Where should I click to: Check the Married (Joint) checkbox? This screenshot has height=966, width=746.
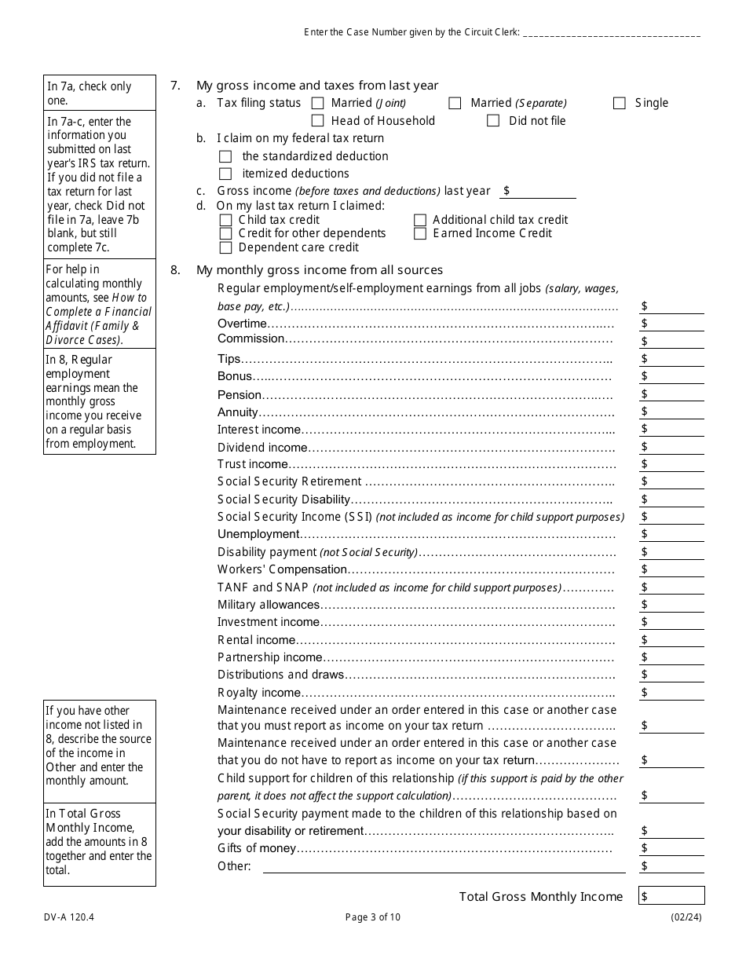(x=317, y=103)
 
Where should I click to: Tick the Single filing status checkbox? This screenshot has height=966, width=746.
(x=620, y=103)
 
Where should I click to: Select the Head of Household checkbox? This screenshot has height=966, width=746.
(x=317, y=121)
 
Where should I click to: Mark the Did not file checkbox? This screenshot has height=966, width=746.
(x=493, y=121)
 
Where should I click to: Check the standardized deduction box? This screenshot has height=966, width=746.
(x=226, y=156)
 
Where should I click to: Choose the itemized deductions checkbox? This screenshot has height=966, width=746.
(x=226, y=174)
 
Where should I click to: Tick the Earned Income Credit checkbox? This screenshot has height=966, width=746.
(x=420, y=233)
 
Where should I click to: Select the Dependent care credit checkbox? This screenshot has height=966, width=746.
(x=226, y=247)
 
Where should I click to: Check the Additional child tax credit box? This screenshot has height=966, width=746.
(x=420, y=220)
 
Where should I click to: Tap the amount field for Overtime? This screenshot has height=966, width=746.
(x=675, y=324)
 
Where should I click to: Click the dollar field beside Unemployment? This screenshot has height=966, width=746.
(x=675, y=534)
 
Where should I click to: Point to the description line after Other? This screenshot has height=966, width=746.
(x=444, y=866)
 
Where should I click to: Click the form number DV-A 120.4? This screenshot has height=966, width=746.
(x=65, y=917)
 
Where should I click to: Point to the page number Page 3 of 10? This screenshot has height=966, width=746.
(x=373, y=917)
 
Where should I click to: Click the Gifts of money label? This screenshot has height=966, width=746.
(x=257, y=848)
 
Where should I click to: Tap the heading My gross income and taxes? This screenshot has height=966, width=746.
(x=317, y=86)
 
